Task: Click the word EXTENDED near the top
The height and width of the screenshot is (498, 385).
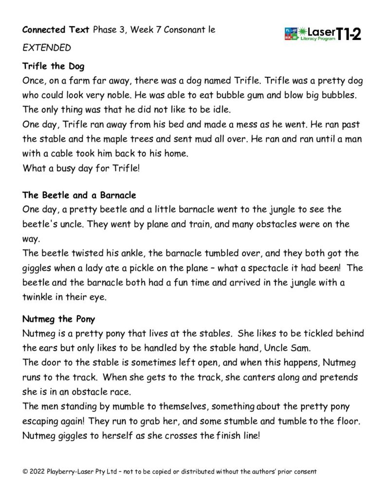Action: (47, 48)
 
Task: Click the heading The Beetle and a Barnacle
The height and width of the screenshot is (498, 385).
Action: (79, 196)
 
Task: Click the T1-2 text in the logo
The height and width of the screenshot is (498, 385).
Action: (349, 34)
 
